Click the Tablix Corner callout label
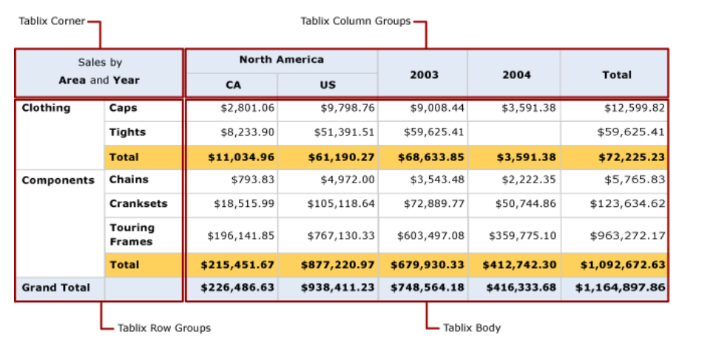[x=52, y=21]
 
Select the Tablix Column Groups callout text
[x=355, y=21]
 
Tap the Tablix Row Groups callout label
[x=163, y=327]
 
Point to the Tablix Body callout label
[x=471, y=327]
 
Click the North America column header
[x=281, y=60]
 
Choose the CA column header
[x=233, y=85]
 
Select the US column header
[x=328, y=85]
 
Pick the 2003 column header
[x=424, y=75]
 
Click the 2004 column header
[x=516, y=75]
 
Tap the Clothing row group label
[x=46, y=108]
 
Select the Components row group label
[x=58, y=180]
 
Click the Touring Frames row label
[x=132, y=234]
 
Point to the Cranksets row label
[x=138, y=203]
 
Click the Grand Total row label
[x=55, y=288]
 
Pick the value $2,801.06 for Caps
[x=248, y=108]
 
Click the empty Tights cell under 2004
[x=514, y=132]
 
